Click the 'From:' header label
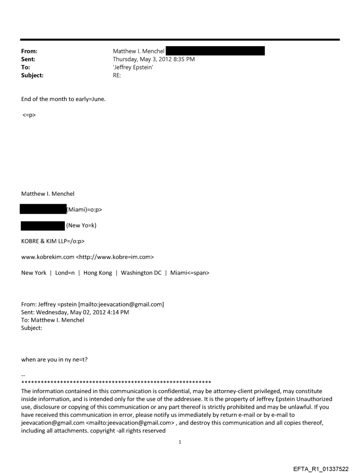pyautogui.click(x=29, y=52)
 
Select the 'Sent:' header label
pyautogui.click(x=28, y=60)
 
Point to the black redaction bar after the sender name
pyautogui.click(x=215, y=52)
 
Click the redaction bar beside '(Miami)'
pyautogui.click(x=42, y=209)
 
